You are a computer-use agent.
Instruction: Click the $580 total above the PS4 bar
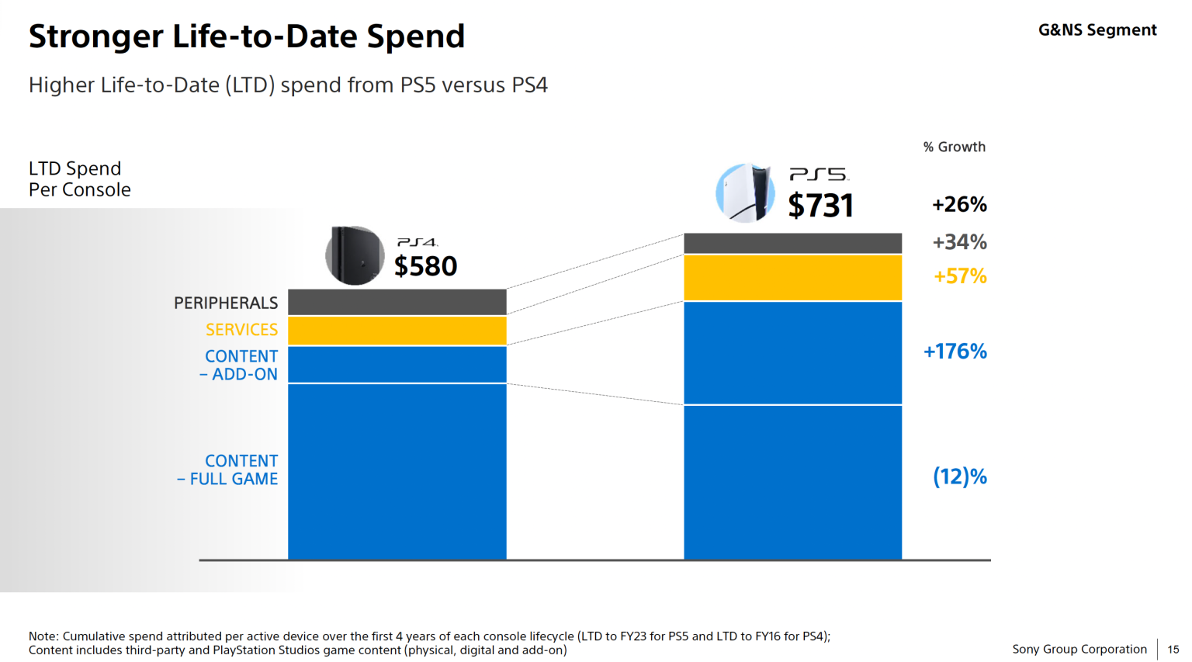(x=425, y=266)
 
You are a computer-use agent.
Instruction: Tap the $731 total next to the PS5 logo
(x=820, y=206)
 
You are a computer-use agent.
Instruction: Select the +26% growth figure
(x=959, y=205)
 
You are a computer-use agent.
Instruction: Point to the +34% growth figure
(x=959, y=242)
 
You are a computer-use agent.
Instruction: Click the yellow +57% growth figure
(x=960, y=276)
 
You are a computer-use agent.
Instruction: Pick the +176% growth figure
(x=955, y=352)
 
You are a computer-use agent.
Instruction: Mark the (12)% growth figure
(x=959, y=477)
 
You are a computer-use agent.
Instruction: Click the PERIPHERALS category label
(x=225, y=303)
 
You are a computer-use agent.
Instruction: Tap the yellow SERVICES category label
(x=241, y=330)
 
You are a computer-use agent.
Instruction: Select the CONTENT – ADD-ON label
(x=240, y=366)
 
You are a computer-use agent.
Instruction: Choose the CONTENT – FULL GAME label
(x=228, y=470)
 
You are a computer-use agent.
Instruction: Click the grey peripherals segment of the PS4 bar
(x=397, y=302)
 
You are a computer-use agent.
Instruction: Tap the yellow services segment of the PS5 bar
(x=792, y=278)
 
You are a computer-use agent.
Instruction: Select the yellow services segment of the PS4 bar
(x=397, y=331)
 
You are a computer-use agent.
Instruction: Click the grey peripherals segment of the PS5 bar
(x=792, y=243)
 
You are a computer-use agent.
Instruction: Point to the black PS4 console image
(x=355, y=255)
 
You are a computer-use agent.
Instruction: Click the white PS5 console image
(x=745, y=193)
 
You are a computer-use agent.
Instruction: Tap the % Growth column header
(x=954, y=147)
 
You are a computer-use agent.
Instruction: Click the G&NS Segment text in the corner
(x=1097, y=30)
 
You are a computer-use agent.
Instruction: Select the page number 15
(x=1173, y=650)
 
